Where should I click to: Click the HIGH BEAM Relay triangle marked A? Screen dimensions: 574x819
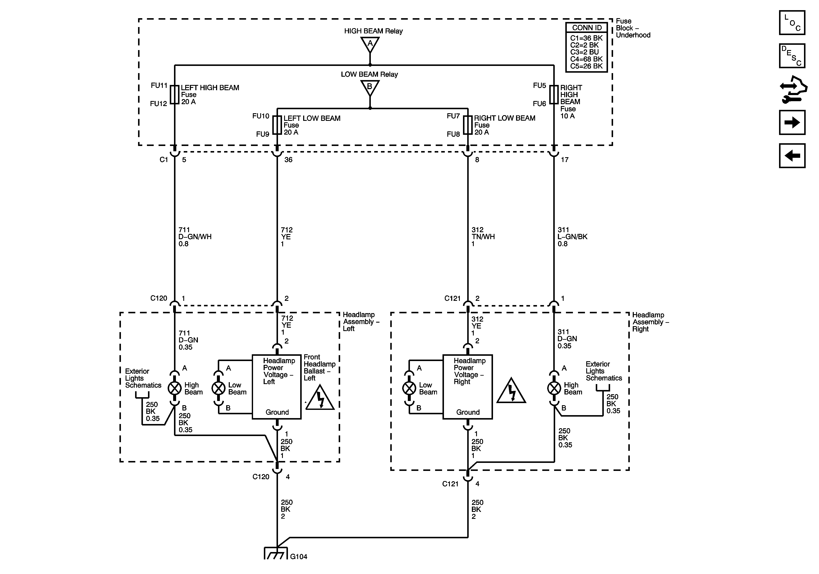[370, 44]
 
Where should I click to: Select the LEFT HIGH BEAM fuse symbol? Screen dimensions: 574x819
[174, 94]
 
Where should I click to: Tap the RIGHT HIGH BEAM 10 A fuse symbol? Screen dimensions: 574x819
[554, 94]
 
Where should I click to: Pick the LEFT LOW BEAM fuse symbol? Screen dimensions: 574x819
[277, 125]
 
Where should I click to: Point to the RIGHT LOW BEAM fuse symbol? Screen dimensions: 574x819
[468, 125]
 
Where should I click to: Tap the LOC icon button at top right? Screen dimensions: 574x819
[792, 23]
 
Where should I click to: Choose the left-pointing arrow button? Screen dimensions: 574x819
[792, 155]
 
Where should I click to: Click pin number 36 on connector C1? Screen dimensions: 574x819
[288, 160]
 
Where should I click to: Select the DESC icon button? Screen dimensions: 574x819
[792, 56]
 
